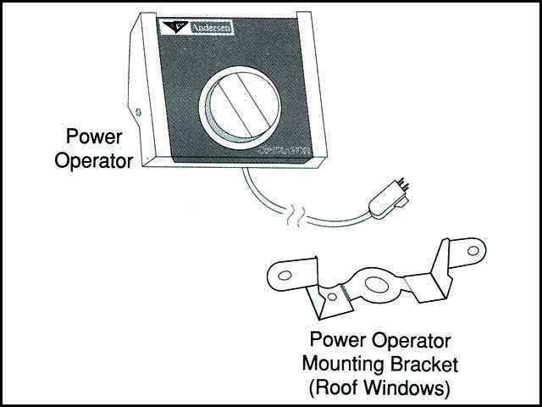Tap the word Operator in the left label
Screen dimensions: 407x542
pyautogui.click(x=93, y=159)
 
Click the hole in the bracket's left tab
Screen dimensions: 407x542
pyautogui.click(x=285, y=274)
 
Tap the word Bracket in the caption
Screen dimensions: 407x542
pyautogui.click(x=429, y=366)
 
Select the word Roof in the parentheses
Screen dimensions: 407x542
pyautogui.click(x=340, y=389)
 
